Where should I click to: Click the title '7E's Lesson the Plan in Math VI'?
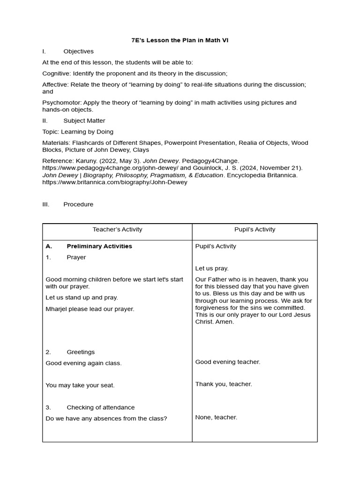pyautogui.click(x=180, y=40)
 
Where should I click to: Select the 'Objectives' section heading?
pyautogui.click(x=78, y=52)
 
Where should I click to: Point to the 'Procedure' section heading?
pyautogui.click(x=78, y=204)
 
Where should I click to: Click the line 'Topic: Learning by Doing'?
pyautogui.click(x=78, y=132)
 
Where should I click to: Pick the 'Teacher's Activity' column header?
pyautogui.click(x=117, y=230)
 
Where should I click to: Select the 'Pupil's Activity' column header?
pyautogui.click(x=255, y=230)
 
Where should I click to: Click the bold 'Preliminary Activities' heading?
pyautogui.click(x=99, y=246)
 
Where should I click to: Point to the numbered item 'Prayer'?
pyautogui.click(x=76, y=257)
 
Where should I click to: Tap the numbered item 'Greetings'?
pyautogui.click(x=81, y=352)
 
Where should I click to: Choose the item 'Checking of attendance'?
pyautogui.click(x=100, y=407)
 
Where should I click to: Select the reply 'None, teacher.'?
pyautogui.click(x=216, y=417)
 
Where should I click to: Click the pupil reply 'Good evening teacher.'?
pyautogui.click(x=227, y=362)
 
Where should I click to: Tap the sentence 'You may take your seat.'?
pyautogui.click(x=80, y=385)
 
